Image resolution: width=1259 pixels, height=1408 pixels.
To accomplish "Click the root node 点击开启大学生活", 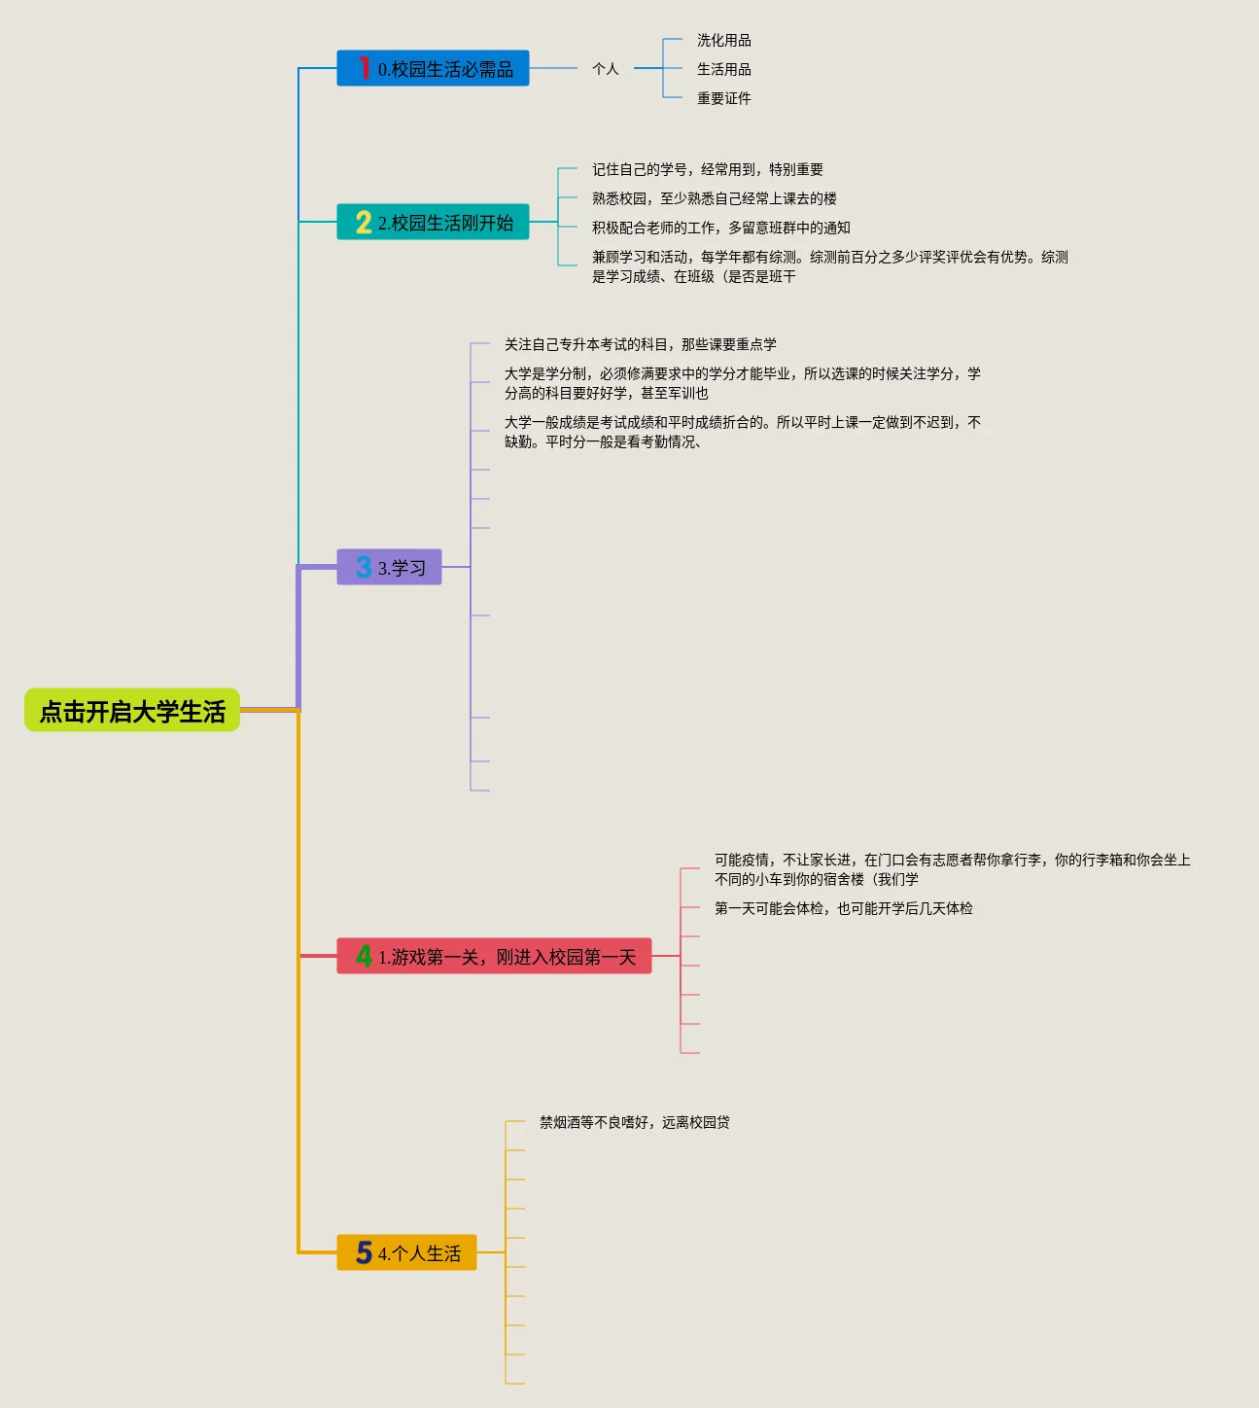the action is (132, 711).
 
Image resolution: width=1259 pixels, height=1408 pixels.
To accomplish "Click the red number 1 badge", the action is (364, 68).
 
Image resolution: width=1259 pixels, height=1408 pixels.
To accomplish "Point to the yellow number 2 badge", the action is (364, 223).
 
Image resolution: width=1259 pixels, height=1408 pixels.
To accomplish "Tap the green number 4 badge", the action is (364, 957).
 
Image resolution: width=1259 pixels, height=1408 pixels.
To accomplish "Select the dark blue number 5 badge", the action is (364, 1252).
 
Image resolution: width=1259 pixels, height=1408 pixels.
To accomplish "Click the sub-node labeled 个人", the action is (605, 69).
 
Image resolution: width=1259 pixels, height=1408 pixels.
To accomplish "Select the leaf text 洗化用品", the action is (723, 40).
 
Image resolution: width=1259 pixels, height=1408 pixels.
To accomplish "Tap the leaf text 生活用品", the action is (723, 69).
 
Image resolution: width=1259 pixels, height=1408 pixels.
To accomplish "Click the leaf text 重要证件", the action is (723, 98).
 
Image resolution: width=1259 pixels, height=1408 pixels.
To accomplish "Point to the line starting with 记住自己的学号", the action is (707, 169).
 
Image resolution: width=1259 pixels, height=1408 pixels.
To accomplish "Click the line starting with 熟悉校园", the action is (714, 198).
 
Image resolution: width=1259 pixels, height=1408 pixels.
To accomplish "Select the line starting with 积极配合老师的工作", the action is (720, 228).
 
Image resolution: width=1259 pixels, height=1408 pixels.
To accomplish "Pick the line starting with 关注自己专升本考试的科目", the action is (640, 344).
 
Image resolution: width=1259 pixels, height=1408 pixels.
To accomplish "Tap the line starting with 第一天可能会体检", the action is (843, 908).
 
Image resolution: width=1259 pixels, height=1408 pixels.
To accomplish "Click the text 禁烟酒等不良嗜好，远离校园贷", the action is (634, 1122).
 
